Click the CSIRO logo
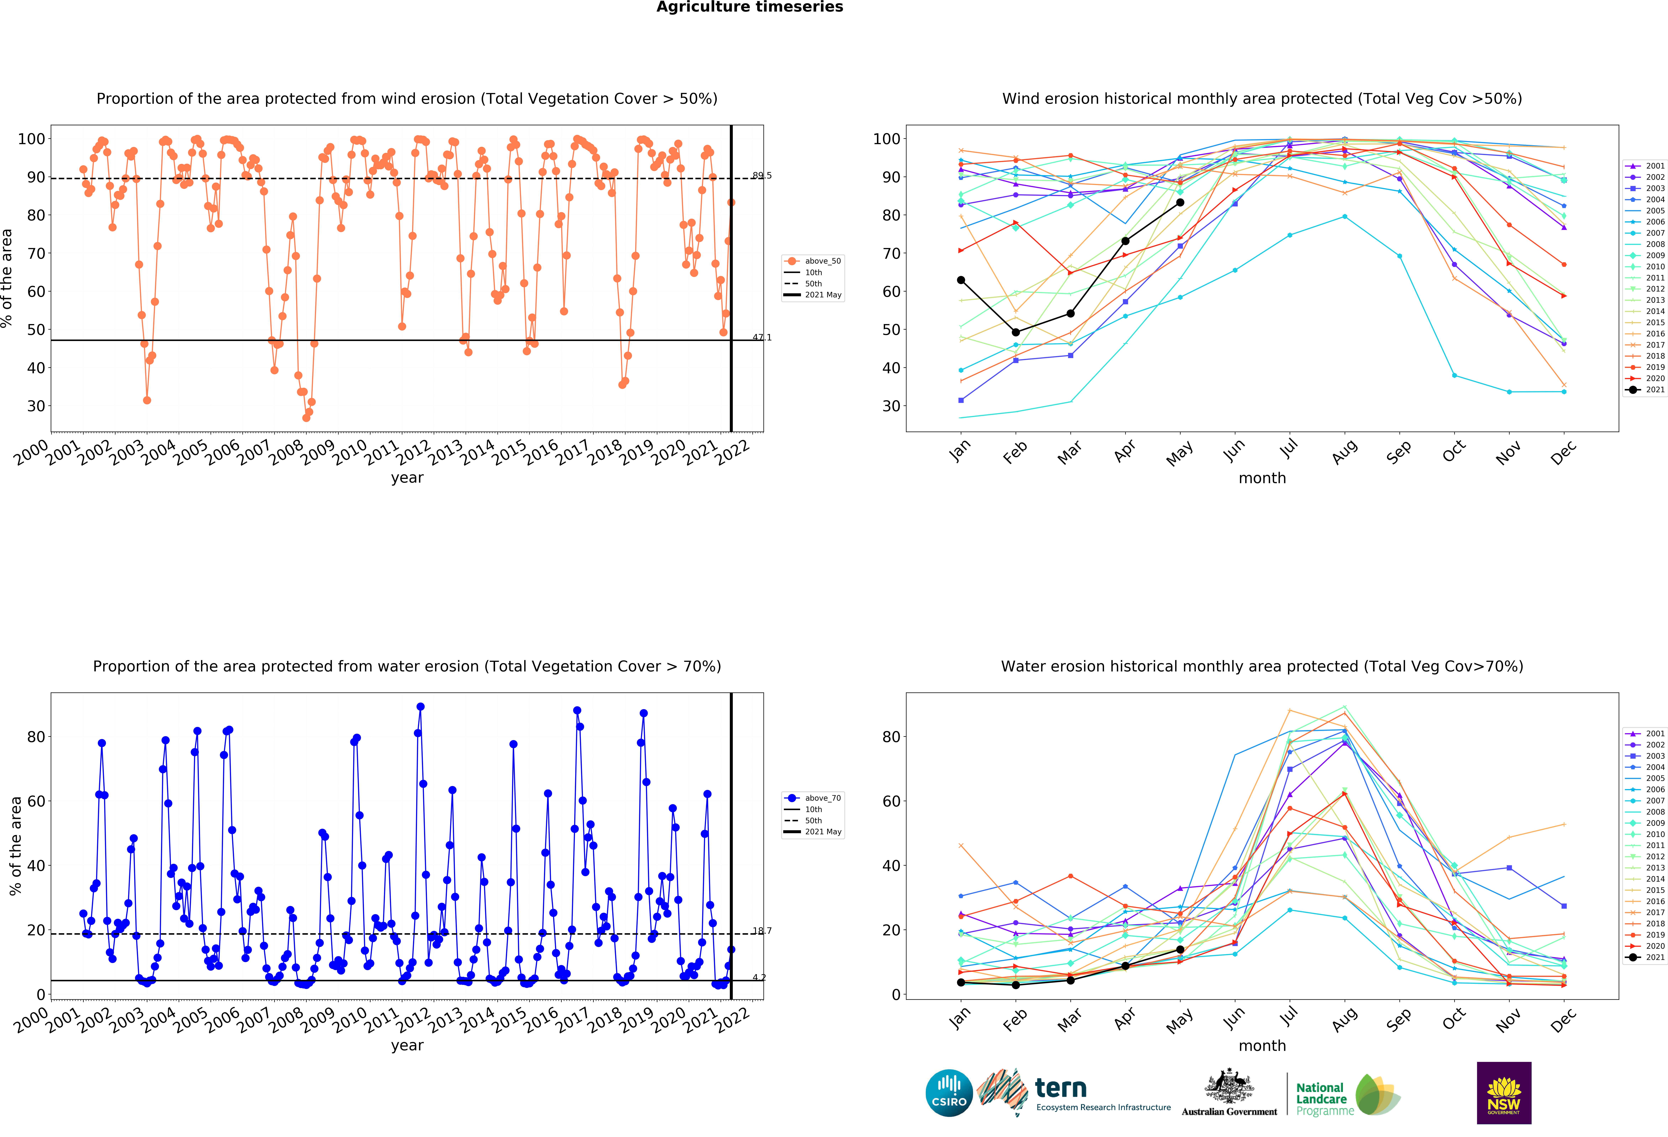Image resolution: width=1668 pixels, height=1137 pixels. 949,1093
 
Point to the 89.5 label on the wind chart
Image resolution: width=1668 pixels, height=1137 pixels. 761,175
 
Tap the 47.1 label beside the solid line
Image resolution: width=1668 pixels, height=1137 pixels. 761,337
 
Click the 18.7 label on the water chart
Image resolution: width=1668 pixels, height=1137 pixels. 761,931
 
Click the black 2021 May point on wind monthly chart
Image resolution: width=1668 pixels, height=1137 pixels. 1180,202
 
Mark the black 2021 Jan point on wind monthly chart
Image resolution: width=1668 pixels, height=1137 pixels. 961,280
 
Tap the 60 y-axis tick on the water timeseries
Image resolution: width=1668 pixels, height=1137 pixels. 36,801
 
